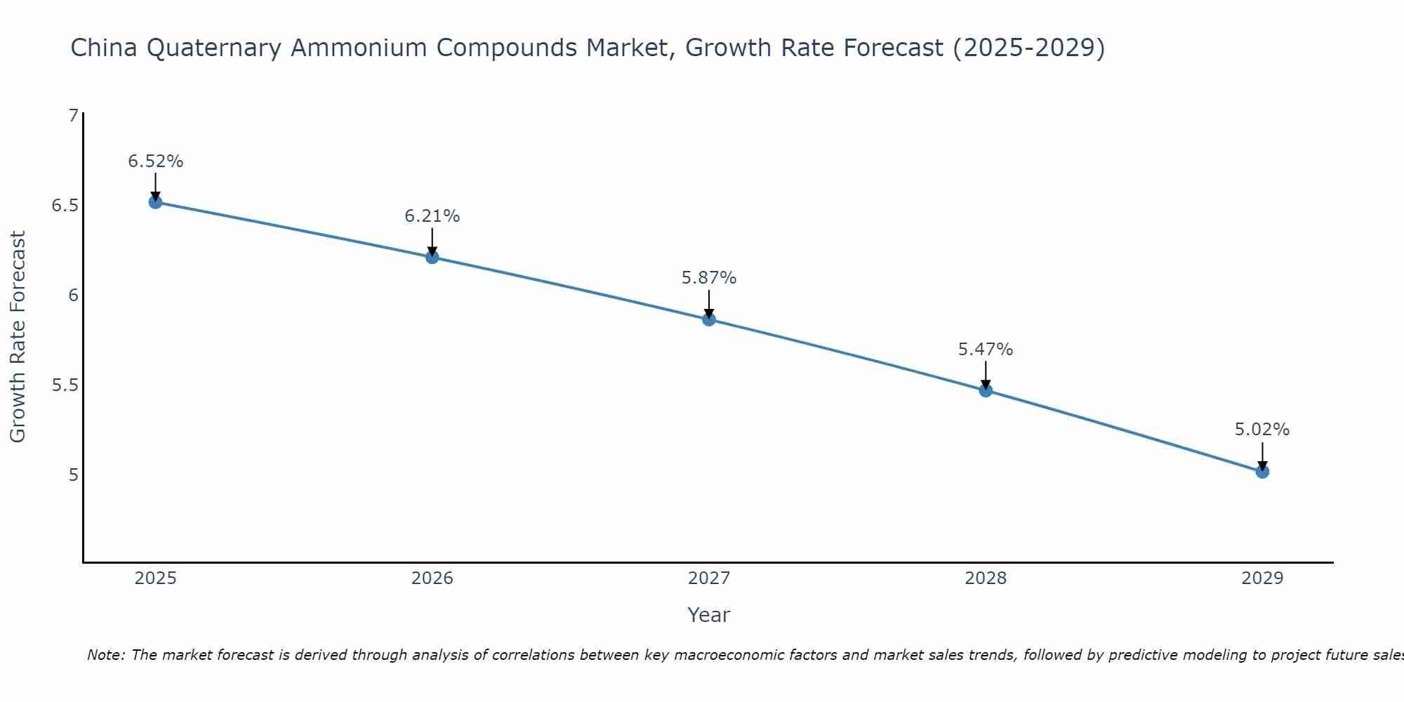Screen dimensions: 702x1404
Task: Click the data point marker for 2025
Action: tap(155, 202)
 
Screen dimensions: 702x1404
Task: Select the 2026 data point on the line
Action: tap(432, 257)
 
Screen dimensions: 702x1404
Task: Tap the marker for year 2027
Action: tap(709, 319)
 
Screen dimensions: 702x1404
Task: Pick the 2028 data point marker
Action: tap(986, 390)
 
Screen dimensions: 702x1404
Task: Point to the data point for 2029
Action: tap(1262, 472)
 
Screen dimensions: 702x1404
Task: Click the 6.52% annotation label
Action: tap(155, 161)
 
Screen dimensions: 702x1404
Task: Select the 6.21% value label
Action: tap(432, 216)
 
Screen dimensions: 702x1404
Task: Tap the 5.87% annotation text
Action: tap(709, 278)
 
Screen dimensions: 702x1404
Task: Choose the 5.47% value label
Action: tap(986, 350)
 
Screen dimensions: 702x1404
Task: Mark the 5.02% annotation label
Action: tap(1262, 430)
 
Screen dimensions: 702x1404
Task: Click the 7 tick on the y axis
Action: tap(73, 115)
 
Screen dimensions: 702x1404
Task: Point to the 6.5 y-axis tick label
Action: tap(65, 206)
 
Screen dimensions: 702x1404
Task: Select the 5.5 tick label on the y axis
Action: tap(65, 385)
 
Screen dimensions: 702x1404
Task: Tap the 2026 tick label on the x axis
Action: tap(432, 578)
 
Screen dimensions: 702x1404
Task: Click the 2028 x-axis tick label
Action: tap(986, 578)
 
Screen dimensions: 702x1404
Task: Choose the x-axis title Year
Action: tap(709, 615)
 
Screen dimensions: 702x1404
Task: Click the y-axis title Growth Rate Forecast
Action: tap(18, 337)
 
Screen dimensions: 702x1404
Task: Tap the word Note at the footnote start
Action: tap(105, 655)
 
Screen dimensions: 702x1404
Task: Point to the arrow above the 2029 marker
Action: tap(1262, 455)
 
